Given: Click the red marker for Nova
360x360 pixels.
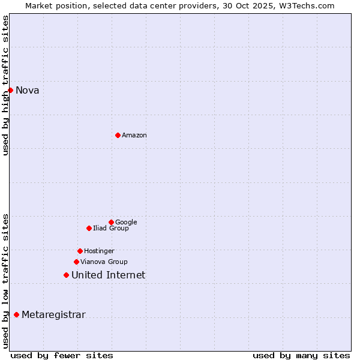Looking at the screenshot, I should [x=10, y=90].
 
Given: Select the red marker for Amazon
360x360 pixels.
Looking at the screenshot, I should [x=118, y=135].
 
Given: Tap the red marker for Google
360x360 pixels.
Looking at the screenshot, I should [x=111, y=222].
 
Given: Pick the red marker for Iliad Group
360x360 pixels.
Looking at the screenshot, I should [x=89, y=228].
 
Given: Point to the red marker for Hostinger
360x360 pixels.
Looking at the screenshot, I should [x=80, y=251].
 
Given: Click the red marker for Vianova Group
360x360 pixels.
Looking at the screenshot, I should [x=76, y=262].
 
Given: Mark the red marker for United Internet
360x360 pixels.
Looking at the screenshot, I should [x=66, y=275].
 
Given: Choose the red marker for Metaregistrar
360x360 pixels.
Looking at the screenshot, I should [x=16, y=314].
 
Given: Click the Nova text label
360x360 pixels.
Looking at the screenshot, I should [x=28, y=91].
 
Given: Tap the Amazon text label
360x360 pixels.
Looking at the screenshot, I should [x=134, y=136].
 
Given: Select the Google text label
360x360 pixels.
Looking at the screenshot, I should [x=126, y=223].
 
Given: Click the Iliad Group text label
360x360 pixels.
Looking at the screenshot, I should [x=111, y=229].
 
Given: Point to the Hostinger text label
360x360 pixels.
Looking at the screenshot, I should [x=99, y=251].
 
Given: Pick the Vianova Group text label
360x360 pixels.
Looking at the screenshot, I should [x=104, y=262].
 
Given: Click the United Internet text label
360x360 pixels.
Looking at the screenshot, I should [x=108, y=275].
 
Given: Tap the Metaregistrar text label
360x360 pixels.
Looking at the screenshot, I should [x=53, y=315].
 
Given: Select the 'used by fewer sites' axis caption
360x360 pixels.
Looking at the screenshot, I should [x=62, y=355].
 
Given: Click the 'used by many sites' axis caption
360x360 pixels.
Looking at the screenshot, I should [x=301, y=355].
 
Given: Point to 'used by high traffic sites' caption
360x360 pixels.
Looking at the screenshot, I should [x=5, y=85].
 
